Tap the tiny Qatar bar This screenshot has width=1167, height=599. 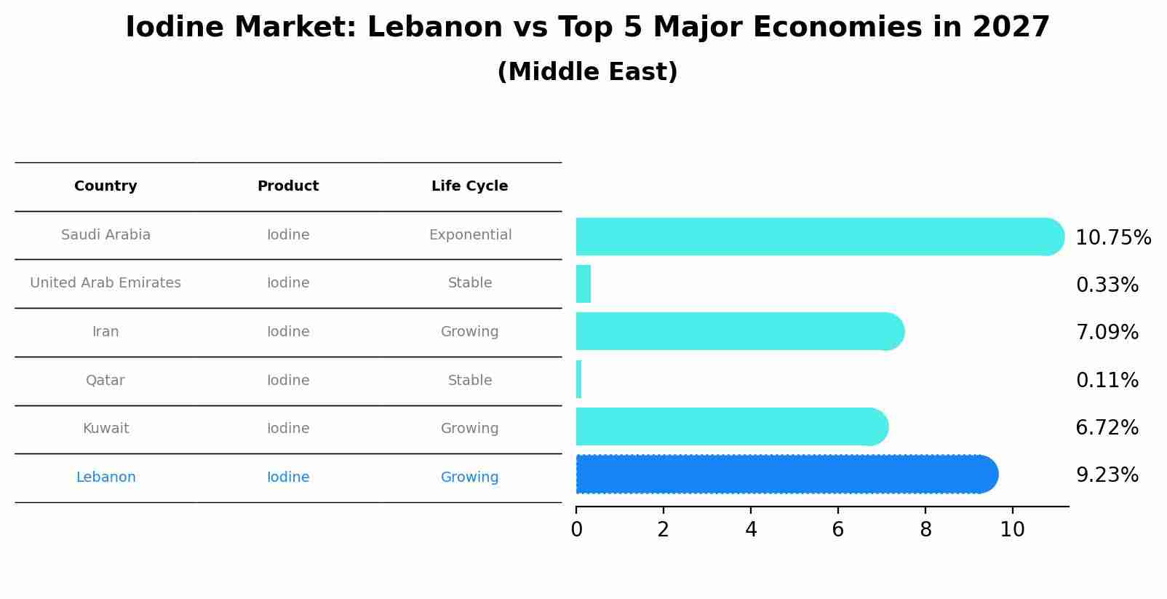point(578,379)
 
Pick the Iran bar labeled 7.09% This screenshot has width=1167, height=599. point(735,331)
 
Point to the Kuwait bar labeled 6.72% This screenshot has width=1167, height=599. point(728,427)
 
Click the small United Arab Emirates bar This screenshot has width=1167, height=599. point(583,284)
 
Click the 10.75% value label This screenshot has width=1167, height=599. point(1113,238)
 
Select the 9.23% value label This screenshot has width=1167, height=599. point(1107,475)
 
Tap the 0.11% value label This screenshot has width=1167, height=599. point(1107,380)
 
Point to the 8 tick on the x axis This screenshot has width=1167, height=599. point(925,529)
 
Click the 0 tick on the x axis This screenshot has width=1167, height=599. point(576,529)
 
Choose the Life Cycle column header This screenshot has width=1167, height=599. point(469,186)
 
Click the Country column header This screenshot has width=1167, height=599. point(105,186)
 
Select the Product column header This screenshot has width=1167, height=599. point(288,186)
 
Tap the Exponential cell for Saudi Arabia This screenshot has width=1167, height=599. point(470,235)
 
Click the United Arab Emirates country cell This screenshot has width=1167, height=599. point(105,283)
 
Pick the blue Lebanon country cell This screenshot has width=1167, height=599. point(105,477)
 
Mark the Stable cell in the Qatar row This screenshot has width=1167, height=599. point(470,381)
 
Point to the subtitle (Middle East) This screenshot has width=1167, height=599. point(587,72)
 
